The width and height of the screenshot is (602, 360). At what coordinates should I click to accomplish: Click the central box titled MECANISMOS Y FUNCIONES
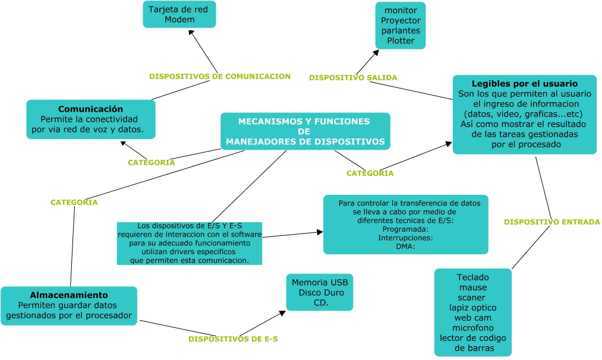click(x=305, y=131)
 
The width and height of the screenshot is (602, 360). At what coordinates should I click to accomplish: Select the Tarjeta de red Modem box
click(x=179, y=14)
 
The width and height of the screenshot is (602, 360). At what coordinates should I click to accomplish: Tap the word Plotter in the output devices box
click(x=401, y=41)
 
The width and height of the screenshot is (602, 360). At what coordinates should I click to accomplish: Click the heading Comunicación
click(x=90, y=109)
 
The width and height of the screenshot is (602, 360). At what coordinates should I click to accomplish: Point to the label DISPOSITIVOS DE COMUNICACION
click(x=219, y=77)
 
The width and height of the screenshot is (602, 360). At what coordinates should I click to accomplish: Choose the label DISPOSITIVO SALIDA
click(x=353, y=78)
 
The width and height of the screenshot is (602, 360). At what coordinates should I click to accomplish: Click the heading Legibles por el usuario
click(x=524, y=84)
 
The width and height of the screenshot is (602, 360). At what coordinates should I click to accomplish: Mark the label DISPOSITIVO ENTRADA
click(x=551, y=222)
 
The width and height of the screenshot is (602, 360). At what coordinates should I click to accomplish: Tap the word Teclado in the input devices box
click(x=472, y=277)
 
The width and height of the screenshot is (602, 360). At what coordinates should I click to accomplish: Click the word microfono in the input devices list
click(x=473, y=328)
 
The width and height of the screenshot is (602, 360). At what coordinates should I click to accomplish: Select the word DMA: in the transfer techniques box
click(x=405, y=246)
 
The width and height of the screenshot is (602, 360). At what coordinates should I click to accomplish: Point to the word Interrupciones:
click(x=405, y=238)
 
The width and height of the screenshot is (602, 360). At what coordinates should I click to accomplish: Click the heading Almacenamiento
click(x=69, y=295)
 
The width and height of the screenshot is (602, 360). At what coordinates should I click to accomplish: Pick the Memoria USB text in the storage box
click(x=319, y=283)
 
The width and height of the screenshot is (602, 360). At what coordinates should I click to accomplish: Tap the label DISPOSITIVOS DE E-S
click(x=233, y=339)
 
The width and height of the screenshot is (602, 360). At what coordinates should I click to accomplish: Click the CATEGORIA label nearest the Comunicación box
click(x=152, y=163)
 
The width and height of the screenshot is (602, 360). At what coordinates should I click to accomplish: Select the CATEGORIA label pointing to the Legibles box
click(x=370, y=173)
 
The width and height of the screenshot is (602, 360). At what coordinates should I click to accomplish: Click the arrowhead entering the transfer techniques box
click(x=319, y=232)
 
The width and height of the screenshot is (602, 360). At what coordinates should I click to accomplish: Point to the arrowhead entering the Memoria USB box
click(x=282, y=311)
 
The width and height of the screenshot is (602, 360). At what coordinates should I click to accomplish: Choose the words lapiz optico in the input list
click(x=473, y=308)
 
